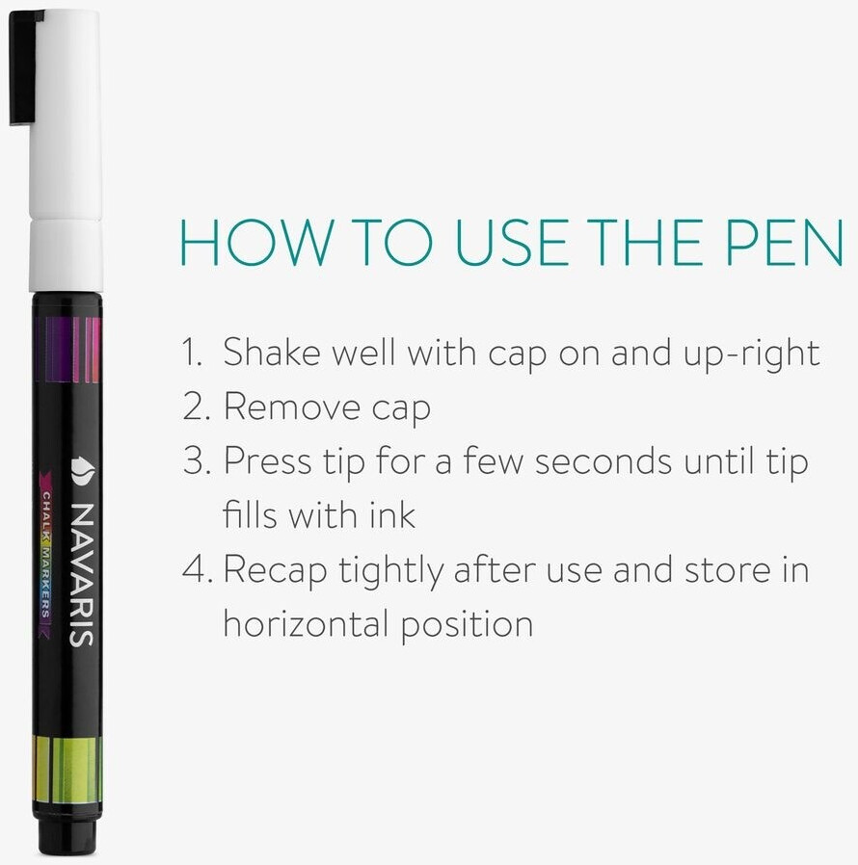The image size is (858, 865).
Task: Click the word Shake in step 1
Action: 272,352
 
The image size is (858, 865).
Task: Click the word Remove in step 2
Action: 291,406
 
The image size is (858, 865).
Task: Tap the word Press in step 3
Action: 267,460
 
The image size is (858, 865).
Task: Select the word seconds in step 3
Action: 603,460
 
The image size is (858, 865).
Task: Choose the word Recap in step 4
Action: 275,570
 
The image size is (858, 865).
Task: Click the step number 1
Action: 193,352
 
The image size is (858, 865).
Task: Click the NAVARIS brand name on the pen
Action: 82,575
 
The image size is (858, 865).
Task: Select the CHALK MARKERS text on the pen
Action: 46,555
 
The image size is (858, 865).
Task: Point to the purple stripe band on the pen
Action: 67,350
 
